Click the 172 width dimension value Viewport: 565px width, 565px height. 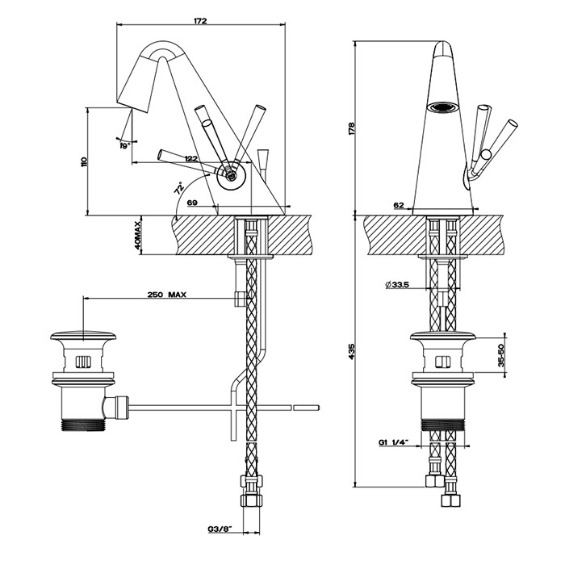[200, 21]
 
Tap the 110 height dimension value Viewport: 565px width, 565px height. [83, 161]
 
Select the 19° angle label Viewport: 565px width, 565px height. [125, 145]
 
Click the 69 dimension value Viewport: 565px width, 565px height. [193, 202]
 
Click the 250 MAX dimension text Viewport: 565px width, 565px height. [167, 295]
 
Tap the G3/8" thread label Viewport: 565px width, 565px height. [219, 529]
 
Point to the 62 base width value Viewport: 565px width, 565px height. [399, 206]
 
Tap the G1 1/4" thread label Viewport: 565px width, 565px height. [393, 442]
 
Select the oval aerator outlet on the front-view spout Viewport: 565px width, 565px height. [441, 107]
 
